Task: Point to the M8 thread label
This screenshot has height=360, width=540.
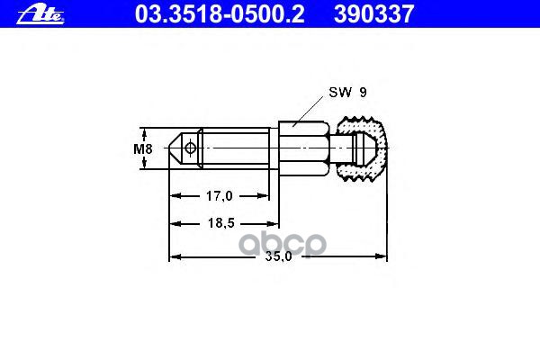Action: tap(142, 148)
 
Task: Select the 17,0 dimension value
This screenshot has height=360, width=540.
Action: tap(219, 195)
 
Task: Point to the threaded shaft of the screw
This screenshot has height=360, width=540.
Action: tap(236, 148)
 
